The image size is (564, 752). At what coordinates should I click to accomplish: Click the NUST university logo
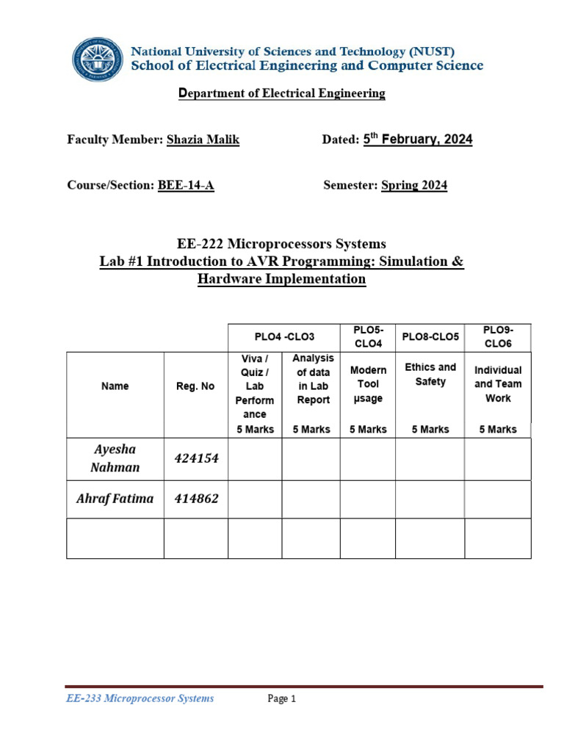[98, 59]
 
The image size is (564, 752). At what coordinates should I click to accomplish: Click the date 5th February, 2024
[418, 140]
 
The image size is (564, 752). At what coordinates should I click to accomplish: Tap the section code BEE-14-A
[186, 185]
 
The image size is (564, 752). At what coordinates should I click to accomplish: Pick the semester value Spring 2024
[414, 185]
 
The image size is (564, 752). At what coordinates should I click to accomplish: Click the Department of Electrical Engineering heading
[282, 93]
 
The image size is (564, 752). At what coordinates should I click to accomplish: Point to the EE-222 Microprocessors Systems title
[282, 244]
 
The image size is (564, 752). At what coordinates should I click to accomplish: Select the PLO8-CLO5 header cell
[430, 336]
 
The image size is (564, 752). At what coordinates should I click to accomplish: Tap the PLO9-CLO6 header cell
[498, 336]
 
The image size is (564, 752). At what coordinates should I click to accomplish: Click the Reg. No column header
[195, 386]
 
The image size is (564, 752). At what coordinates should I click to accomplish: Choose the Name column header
[115, 386]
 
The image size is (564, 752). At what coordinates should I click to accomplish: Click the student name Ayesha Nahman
[115, 458]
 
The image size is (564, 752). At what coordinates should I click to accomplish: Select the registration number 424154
[196, 458]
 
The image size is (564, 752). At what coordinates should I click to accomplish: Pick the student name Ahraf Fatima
[115, 499]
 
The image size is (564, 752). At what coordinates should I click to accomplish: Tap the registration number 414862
[196, 499]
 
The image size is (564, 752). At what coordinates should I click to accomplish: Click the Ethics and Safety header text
[430, 374]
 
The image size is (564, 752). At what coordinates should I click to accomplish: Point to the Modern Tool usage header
[368, 384]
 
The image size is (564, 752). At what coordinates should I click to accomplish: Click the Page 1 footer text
[281, 699]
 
